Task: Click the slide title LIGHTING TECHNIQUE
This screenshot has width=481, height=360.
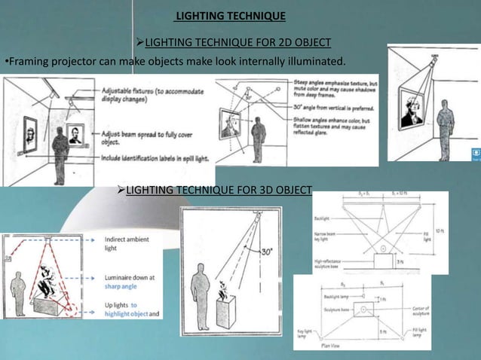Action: coord(230,16)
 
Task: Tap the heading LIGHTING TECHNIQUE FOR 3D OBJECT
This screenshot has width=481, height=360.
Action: coord(217,190)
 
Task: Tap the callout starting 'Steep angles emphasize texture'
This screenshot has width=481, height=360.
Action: coord(335,86)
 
